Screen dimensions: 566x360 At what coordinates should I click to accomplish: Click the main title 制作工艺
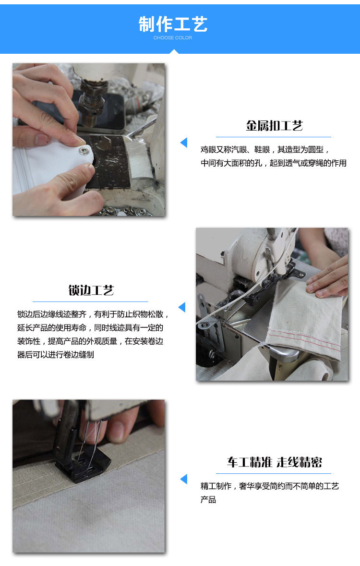pos(173,24)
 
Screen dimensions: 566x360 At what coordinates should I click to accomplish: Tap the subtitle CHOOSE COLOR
pos(173,38)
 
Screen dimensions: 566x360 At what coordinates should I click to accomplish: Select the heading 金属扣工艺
pos(275,126)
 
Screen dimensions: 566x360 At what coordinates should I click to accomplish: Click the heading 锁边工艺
pos(91,290)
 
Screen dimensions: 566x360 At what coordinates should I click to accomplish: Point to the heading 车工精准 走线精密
pos(275,462)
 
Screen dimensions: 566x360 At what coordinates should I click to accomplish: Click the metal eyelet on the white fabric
pos(86,152)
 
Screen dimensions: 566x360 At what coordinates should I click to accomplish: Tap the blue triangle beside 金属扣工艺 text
pos(183,143)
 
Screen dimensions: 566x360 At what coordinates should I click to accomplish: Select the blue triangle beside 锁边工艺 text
pos(181,307)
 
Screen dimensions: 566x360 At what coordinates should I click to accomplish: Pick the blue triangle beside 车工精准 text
pos(183,479)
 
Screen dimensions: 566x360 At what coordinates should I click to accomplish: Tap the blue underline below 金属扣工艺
pos(273,137)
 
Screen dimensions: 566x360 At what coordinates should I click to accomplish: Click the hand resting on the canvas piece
pos(329,278)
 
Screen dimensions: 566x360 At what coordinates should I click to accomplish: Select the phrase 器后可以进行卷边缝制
pos(55,355)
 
